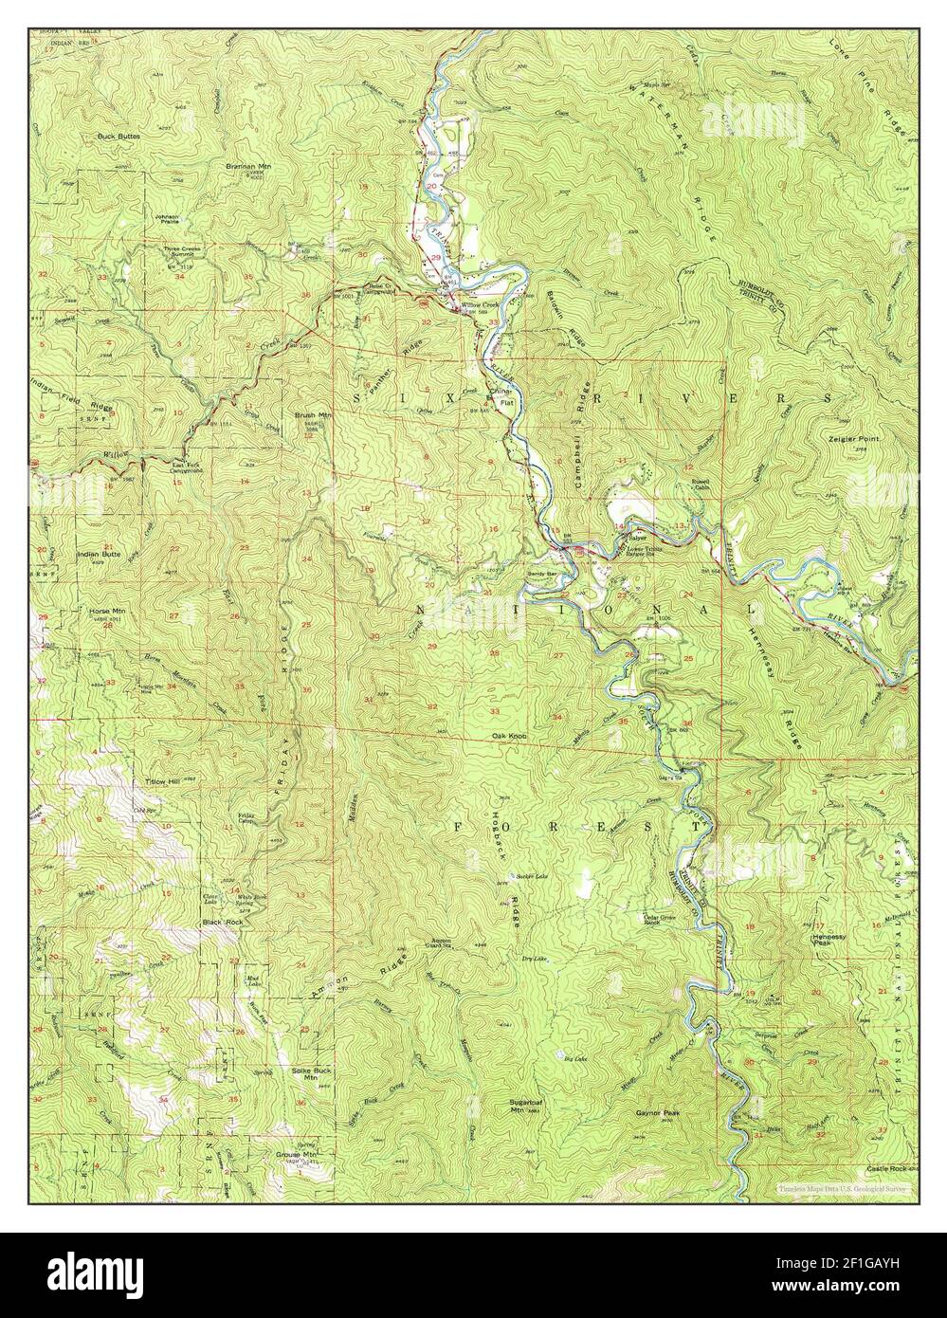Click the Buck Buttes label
118,137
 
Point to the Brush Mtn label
312,415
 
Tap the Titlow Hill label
161,781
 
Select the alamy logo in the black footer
85,1275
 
